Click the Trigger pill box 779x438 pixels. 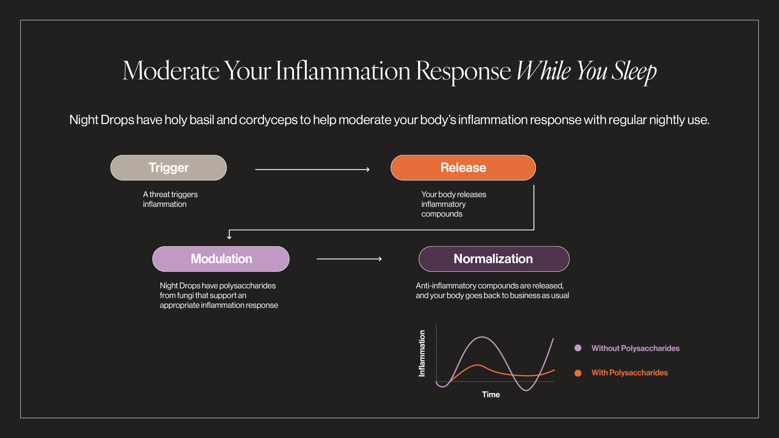pos(169,168)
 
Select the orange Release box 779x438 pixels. pos(463,168)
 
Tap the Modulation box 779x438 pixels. pos(221,259)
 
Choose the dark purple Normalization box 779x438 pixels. pos(494,259)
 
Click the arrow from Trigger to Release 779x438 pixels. pos(312,169)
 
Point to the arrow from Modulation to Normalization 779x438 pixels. pos(349,259)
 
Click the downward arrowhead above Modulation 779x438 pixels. pos(229,237)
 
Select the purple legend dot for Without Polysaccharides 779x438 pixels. pos(578,348)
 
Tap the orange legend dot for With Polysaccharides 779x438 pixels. pos(578,373)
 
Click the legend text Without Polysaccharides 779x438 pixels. pos(635,348)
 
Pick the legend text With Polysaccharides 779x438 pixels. pos(630,373)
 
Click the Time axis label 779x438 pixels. pos(491,395)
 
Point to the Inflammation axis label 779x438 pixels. pos(422,353)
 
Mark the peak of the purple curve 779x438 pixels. pos(482,337)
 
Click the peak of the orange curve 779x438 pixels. pos(478,365)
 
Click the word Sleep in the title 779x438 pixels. pos(634,71)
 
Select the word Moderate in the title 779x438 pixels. pos(171,71)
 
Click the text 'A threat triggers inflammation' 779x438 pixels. pos(170,199)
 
